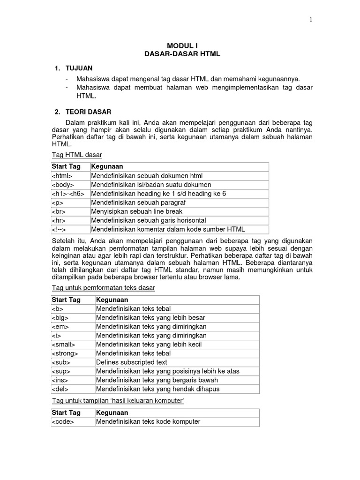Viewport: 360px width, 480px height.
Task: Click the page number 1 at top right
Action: point(310,20)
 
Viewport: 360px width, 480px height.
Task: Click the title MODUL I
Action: point(182,46)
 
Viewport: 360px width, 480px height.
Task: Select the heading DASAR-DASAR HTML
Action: point(182,54)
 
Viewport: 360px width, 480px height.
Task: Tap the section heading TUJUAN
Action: point(79,68)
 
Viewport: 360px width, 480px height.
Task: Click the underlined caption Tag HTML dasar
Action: point(76,154)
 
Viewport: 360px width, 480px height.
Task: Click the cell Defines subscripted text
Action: point(132,362)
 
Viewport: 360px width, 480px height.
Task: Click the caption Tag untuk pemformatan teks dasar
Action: point(103,288)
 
